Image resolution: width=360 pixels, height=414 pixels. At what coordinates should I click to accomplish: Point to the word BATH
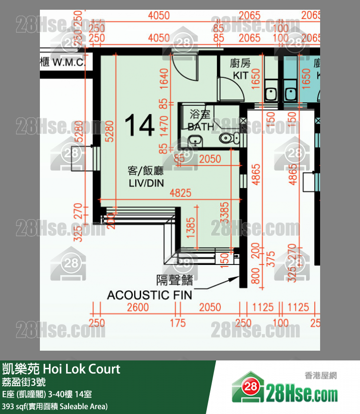point(201,127)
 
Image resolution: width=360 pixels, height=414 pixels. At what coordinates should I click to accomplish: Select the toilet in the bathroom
point(228,139)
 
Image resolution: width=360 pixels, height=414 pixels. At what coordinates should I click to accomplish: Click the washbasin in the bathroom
point(195,142)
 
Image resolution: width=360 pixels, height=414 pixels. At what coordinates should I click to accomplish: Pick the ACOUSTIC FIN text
point(149,295)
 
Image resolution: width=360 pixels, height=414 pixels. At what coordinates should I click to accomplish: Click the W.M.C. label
point(69,62)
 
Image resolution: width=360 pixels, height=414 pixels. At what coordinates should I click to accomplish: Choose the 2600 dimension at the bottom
point(138,307)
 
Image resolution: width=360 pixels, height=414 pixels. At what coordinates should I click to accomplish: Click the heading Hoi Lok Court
point(82,369)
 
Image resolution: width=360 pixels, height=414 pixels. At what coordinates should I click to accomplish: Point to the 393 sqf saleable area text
point(54,406)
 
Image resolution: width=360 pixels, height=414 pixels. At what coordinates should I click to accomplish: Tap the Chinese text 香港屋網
point(321,376)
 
